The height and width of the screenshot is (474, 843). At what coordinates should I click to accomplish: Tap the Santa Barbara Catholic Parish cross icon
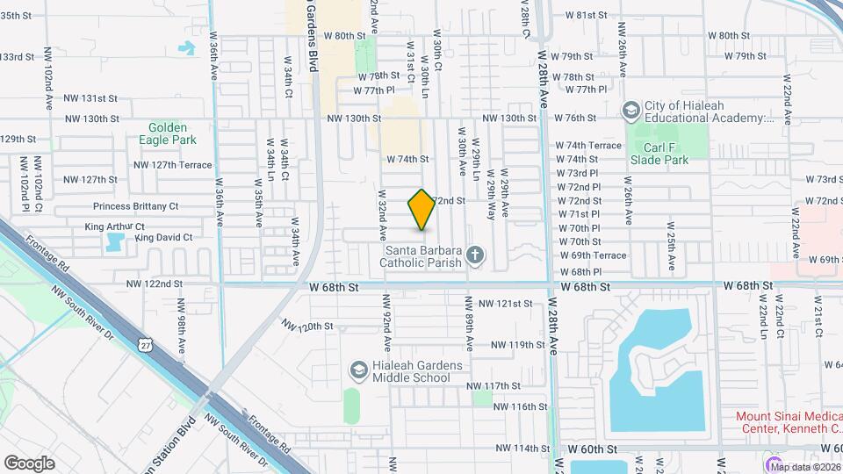[x=475, y=255]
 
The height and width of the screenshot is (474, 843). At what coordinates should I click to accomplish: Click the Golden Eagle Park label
[x=167, y=133]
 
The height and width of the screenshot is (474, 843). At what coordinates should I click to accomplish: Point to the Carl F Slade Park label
[x=659, y=154]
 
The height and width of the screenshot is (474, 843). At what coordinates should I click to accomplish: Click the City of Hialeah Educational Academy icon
[x=630, y=111]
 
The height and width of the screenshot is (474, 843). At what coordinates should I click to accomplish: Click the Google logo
[x=29, y=463]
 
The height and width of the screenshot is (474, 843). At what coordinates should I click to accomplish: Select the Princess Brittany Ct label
[x=135, y=207]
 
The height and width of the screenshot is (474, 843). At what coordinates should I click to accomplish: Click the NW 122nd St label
[x=154, y=284]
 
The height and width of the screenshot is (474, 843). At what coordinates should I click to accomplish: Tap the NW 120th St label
[x=307, y=327]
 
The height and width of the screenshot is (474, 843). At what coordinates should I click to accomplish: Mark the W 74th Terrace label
[x=587, y=145]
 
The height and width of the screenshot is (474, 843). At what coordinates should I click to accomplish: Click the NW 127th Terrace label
[x=173, y=165]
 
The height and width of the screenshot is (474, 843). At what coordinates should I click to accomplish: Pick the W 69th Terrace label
[x=594, y=255]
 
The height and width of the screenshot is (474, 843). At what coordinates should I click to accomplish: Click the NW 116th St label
[x=521, y=406]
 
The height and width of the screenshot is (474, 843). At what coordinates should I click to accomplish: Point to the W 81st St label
[x=587, y=15]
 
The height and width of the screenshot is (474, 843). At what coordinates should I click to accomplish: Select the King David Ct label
[x=163, y=238]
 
